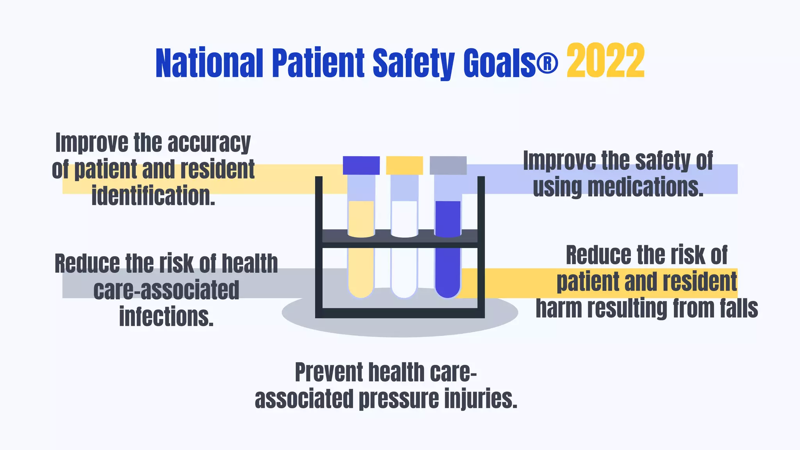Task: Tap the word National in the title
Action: click(209, 63)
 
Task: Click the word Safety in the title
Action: click(414, 63)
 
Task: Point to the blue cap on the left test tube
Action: click(361, 165)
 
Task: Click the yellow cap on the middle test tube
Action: click(404, 165)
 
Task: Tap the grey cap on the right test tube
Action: click(448, 165)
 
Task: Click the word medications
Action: click(645, 187)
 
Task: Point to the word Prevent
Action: click(329, 372)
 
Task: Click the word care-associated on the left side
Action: click(166, 290)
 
